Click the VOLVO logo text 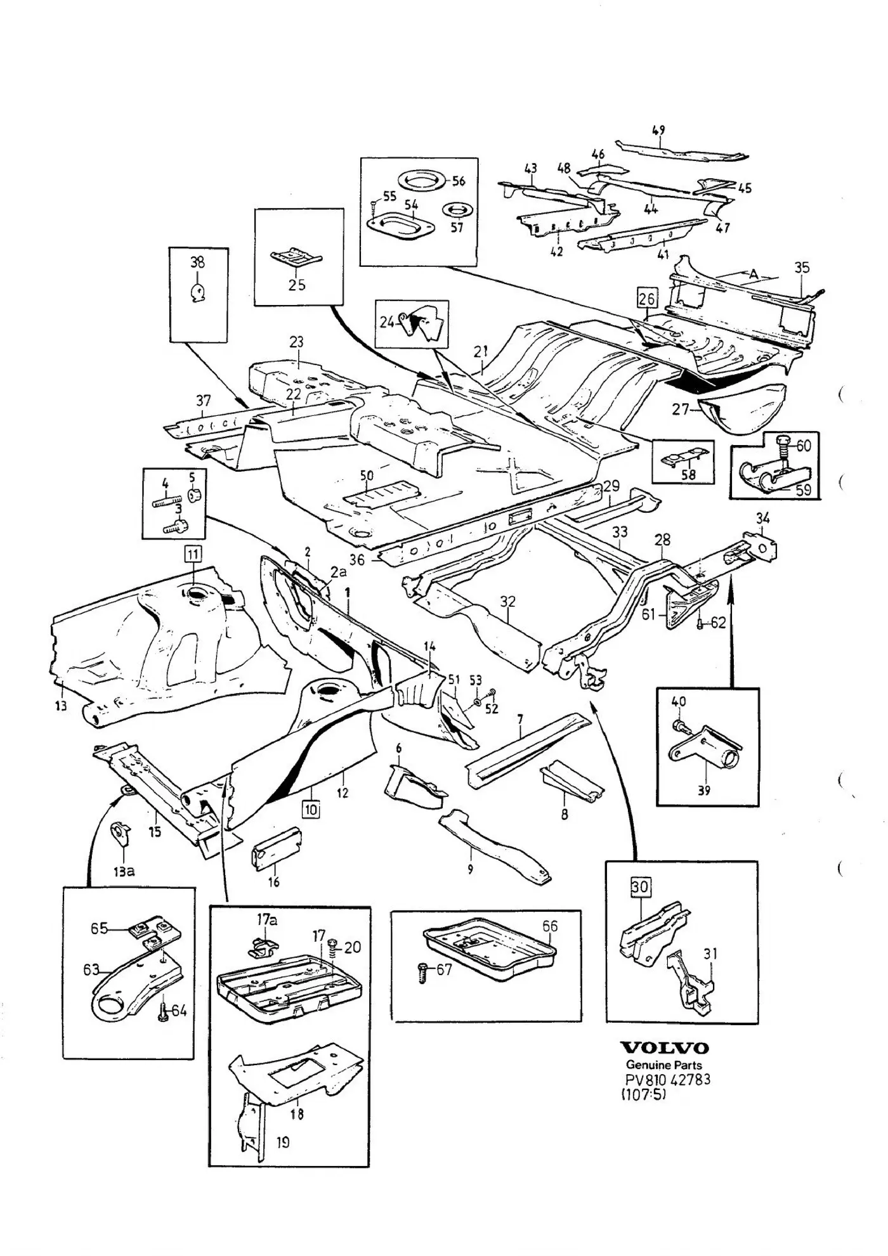[664, 1048]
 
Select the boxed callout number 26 [647, 297]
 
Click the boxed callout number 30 [640, 886]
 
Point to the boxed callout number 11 [192, 554]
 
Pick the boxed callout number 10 [311, 809]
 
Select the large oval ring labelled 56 [422, 181]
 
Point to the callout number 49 [658, 131]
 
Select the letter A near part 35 [754, 275]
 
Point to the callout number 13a [124, 871]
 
